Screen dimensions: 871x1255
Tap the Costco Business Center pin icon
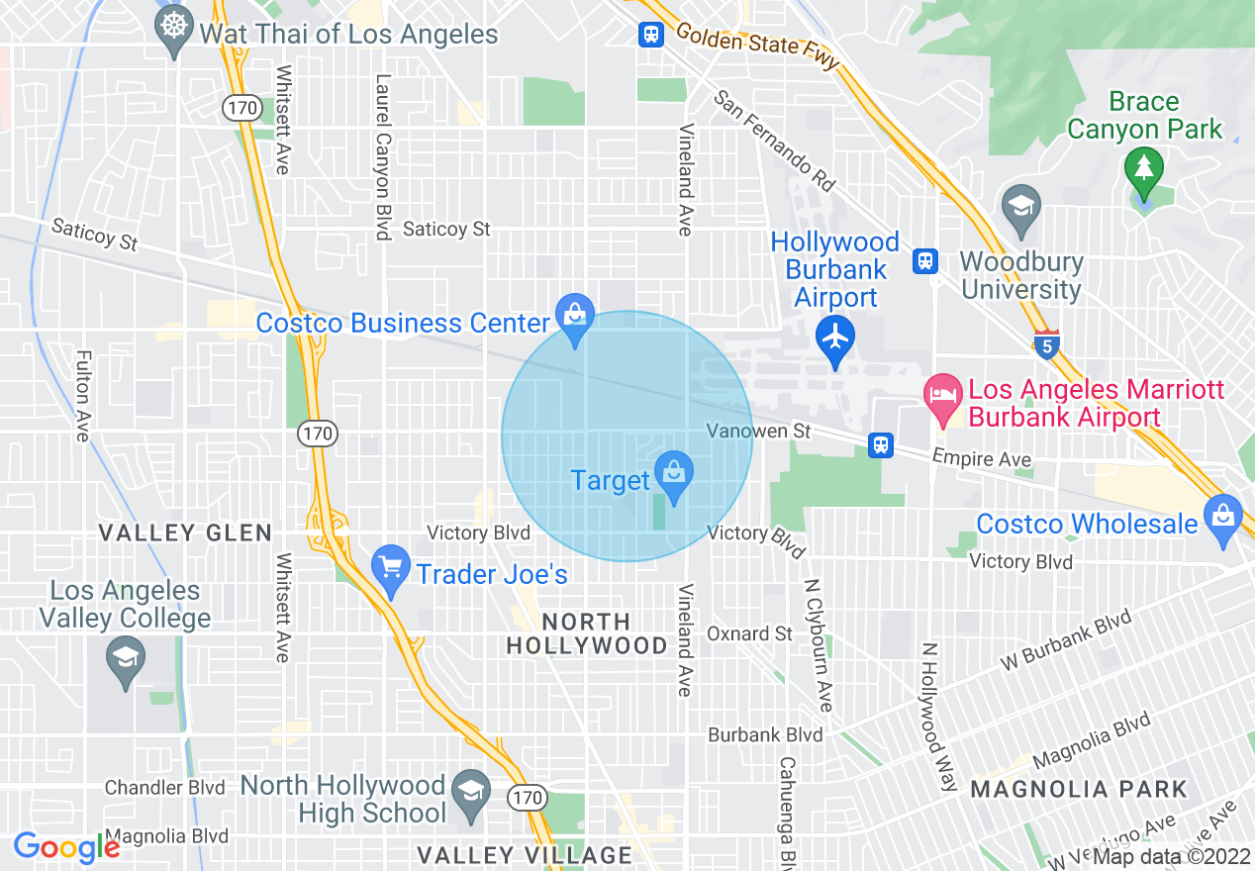coord(574,316)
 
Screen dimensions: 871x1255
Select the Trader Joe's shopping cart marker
coord(391,568)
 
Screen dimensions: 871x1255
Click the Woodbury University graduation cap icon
coord(1020,206)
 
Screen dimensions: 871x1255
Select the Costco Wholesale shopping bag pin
coord(1223,517)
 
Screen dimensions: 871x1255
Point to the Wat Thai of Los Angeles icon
coord(175,27)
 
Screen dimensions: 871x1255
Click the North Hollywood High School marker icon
coord(471,791)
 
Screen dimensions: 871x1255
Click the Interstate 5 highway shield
coord(1047,344)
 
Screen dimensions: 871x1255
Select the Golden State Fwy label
coord(757,47)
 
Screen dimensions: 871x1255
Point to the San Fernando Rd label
coord(775,142)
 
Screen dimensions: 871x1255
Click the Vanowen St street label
coord(758,431)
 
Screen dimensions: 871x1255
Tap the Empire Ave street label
coord(982,459)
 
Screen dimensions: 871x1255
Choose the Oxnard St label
coord(749,633)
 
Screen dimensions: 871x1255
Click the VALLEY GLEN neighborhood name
coord(185,533)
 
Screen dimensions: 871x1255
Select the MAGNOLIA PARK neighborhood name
coord(1078,790)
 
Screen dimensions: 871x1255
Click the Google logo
coord(66,847)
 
